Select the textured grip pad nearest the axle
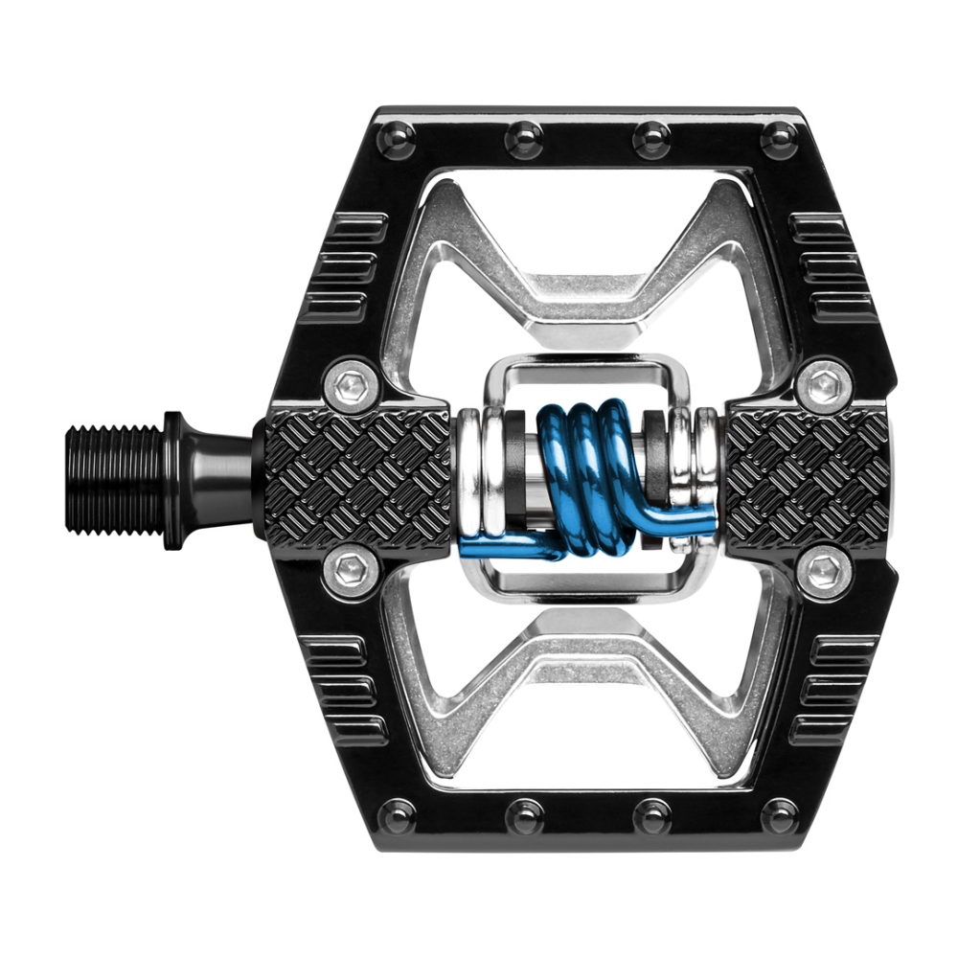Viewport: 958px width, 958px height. pyautogui.click(x=356, y=474)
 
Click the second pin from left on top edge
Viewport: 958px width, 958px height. pyautogui.click(x=524, y=139)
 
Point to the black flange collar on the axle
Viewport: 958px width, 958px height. pyautogui.click(x=174, y=479)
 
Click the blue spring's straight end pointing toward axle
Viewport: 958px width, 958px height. pyautogui.click(x=503, y=548)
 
